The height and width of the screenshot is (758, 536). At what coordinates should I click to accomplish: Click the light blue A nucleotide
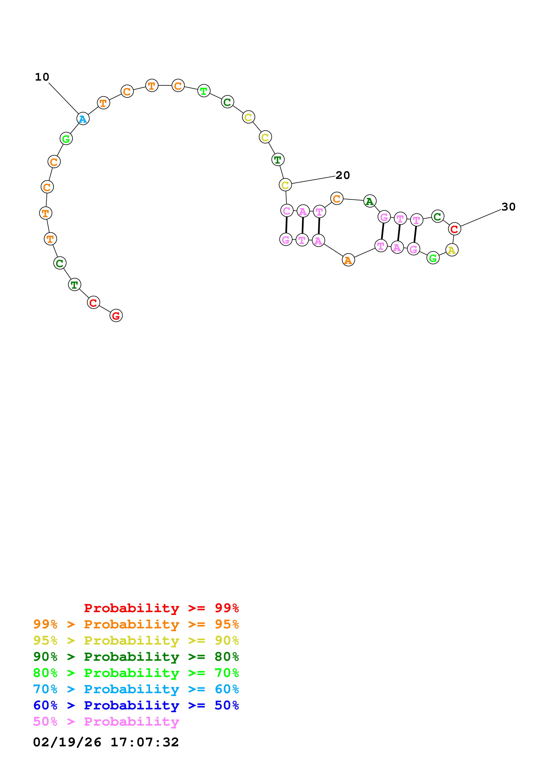click(x=83, y=119)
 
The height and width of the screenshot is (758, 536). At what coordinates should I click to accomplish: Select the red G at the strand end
click(x=116, y=316)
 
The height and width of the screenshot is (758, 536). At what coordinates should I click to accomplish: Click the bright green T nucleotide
click(x=204, y=91)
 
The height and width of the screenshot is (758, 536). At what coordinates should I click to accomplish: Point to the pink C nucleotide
click(x=287, y=211)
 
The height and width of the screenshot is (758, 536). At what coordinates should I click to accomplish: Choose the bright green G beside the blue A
click(x=66, y=139)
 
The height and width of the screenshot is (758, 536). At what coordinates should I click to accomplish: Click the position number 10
click(x=42, y=77)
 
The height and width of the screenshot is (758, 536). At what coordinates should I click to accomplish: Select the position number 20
click(x=342, y=175)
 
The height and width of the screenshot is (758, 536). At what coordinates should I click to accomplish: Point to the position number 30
click(x=508, y=207)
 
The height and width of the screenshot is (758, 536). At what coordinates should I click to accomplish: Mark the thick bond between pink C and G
click(x=286, y=225)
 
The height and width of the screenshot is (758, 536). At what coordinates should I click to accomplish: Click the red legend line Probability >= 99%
click(x=161, y=608)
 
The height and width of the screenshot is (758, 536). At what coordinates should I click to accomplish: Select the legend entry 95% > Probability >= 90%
click(x=136, y=640)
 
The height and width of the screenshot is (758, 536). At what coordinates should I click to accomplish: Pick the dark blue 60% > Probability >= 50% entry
click(x=136, y=705)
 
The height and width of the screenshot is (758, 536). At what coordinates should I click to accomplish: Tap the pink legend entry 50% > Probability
click(x=106, y=721)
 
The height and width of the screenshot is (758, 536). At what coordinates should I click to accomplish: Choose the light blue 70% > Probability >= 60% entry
click(x=136, y=689)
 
